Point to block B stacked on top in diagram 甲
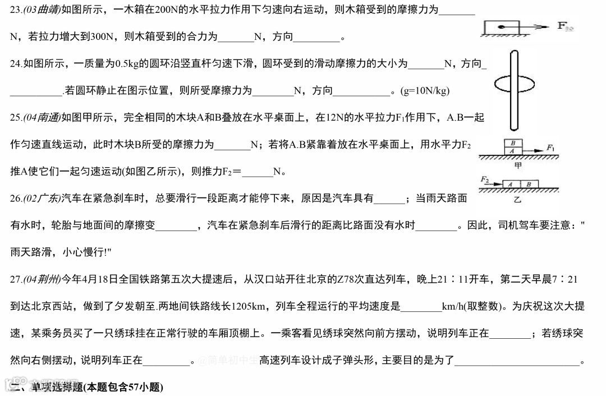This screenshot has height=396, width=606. point(513,143)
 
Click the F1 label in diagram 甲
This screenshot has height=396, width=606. point(550,148)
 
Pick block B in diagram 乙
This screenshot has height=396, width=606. point(529,184)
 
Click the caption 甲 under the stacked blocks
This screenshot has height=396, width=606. point(518,166)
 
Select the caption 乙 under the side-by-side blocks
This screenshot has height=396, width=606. point(517,199)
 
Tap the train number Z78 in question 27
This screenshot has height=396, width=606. point(344,279)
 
